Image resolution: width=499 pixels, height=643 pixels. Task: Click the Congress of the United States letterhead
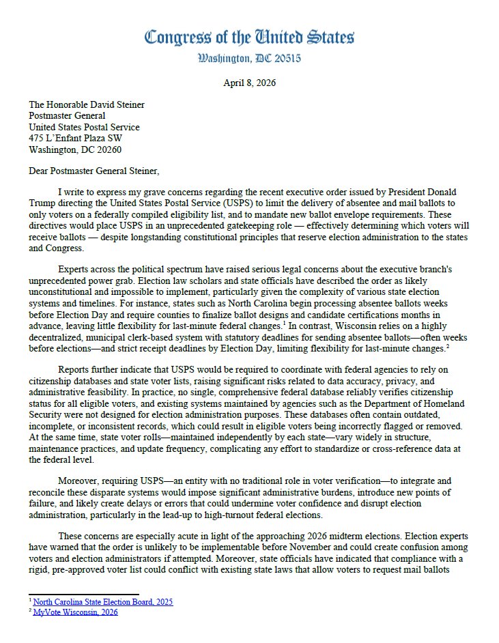(x=249, y=37)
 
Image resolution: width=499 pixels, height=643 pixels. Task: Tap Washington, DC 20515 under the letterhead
(x=249, y=59)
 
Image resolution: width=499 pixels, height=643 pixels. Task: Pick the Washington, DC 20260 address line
(x=70, y=149)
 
